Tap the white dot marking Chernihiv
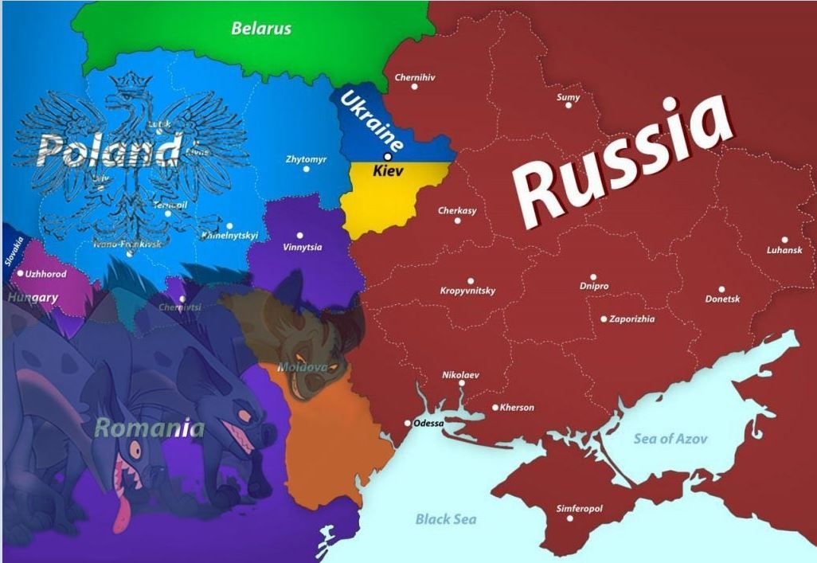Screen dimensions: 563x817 click(x=414, y=86)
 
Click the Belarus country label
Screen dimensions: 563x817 click(x=261, y=29)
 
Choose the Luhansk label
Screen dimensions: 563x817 click(x=784, y=250)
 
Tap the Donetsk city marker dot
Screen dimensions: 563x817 click(x=721, y=290)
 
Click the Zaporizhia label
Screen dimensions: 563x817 click(x=631, y=319)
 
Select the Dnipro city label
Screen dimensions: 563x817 click(x=594, y=286)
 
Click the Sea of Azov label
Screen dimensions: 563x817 click(x=670, y=438)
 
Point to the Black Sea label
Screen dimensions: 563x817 click(x=445, y=519)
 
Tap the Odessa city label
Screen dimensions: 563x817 click(x=428, y=423)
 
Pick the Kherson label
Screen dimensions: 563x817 click(x=517, y=408)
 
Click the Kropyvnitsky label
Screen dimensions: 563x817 click(x=467, y=291)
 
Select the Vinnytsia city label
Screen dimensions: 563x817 click(x=302, y=247)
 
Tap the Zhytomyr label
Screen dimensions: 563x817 click(x=306, y=159)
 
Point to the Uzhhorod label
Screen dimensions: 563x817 click(x=46, y=273)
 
